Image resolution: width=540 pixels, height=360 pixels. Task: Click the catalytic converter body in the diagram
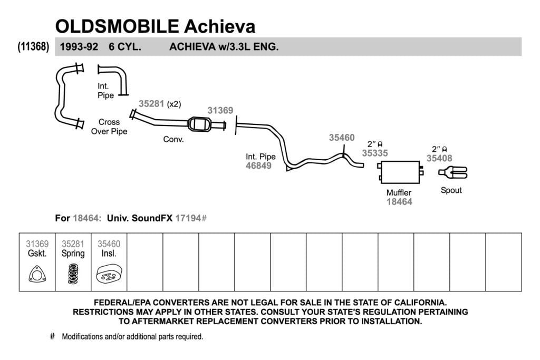point(200,124)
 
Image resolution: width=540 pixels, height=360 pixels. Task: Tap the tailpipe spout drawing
point(453,172)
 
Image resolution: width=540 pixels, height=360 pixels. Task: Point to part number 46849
point(258,166)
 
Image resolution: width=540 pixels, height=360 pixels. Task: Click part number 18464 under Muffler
point(399,202)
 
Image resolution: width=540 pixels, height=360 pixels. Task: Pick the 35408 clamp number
point(439,158)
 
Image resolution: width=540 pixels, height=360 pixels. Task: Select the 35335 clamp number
point(375,153)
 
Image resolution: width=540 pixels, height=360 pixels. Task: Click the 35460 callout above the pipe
point(342,138)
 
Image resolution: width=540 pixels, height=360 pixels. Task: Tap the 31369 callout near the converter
point(220,111)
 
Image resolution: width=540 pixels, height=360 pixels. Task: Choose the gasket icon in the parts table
point(37,274)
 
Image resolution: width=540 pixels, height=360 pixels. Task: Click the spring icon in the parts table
point(73,274)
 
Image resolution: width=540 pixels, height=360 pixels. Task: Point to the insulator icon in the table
point(109,274)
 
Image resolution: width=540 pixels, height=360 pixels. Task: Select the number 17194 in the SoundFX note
point(188,218)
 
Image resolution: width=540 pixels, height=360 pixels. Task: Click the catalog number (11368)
point(33,46)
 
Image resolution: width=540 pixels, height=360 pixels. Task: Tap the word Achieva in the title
point(220,26)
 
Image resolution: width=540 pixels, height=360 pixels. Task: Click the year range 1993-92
point(79,46)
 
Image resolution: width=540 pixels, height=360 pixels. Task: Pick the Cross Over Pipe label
point(109,127)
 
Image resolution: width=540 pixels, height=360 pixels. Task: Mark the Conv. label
point(173,139)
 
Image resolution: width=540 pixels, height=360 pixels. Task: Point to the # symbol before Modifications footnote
point(52,336)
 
